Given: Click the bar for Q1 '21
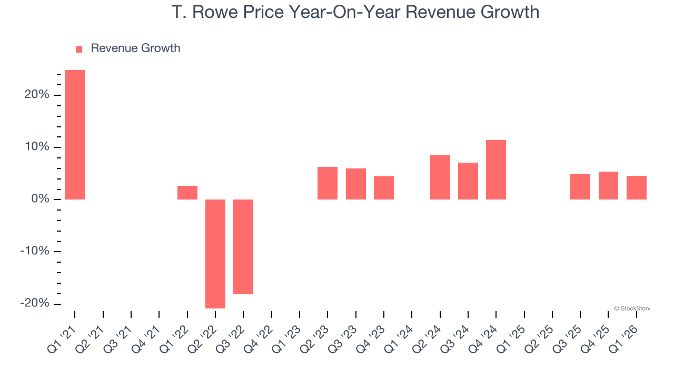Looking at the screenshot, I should click(75, 135).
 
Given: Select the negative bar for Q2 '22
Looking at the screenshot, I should click(215, 254).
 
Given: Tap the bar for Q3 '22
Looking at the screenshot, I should click(243, 246).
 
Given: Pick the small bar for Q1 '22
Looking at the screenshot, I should click(187, 193).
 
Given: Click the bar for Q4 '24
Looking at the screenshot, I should click(496, 169).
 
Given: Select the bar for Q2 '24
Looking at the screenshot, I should click(440, 177).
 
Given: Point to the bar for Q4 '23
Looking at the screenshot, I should click(384, 188).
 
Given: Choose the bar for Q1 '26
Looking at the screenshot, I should click(637, 187).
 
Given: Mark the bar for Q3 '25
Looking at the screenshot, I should click(580, 186).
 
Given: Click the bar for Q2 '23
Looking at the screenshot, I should click(328, 183).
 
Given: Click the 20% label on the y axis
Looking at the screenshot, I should click(36, 95).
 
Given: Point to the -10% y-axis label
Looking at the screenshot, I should click(35, 251).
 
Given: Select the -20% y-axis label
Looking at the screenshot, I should click(35, 304).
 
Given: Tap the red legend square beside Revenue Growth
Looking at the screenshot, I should click(79, 49).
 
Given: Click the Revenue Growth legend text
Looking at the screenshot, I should click(135, 48).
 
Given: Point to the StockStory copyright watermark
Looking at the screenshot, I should click(632, 308).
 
